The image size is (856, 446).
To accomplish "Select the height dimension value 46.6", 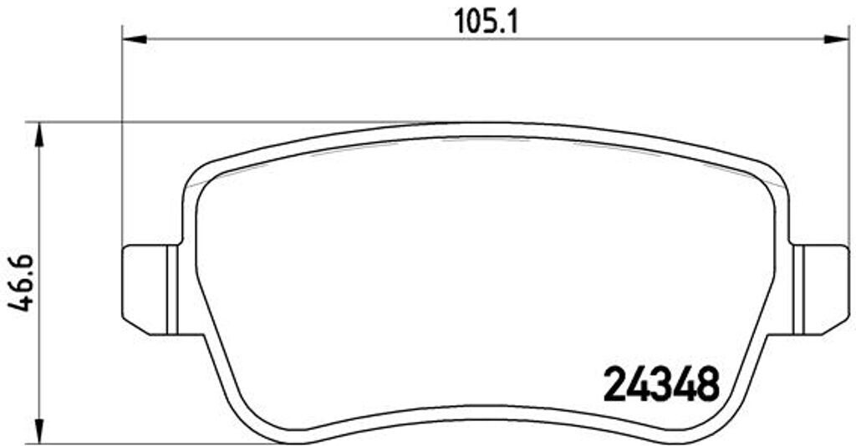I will point(20,283).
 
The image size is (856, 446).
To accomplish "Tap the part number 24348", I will point(660,383).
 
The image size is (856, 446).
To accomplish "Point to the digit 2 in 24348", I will point(615,383).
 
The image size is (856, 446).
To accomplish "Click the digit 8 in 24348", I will point(706,383).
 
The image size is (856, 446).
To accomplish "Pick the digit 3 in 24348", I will point(660,383).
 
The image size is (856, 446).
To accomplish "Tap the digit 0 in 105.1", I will point(476,20).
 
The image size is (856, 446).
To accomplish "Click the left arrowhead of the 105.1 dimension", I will point(134,38).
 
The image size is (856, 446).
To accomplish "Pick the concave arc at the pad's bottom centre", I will point(485,410).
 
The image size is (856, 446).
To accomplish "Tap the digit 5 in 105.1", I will point(493,20).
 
